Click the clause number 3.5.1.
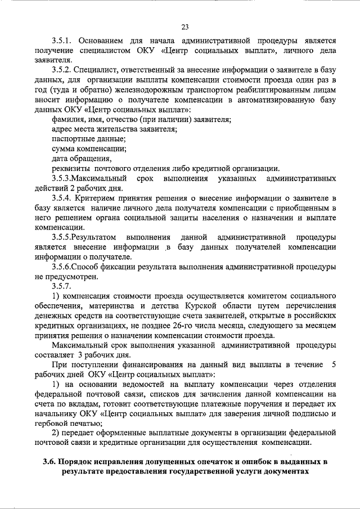tap(61, 41)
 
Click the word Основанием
tap(106, 41)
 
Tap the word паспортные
tap(72, 138)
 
